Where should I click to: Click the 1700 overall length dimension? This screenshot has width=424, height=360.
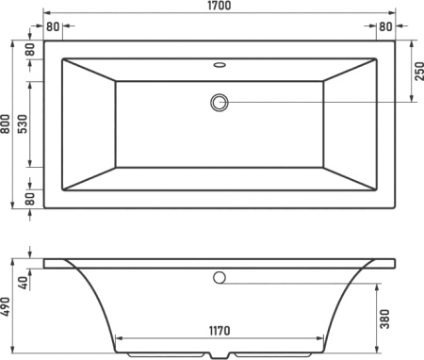220,6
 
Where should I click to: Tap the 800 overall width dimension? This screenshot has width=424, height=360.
6,123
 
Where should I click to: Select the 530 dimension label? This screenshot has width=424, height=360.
23,124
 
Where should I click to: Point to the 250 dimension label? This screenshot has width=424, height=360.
418,72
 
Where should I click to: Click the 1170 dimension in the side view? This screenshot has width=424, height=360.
220,331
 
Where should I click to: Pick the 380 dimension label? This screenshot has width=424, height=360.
384,319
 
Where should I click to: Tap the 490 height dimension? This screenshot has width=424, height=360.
6,306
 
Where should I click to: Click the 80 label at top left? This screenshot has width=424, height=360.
53,26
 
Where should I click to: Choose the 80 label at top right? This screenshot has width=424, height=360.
385,26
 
